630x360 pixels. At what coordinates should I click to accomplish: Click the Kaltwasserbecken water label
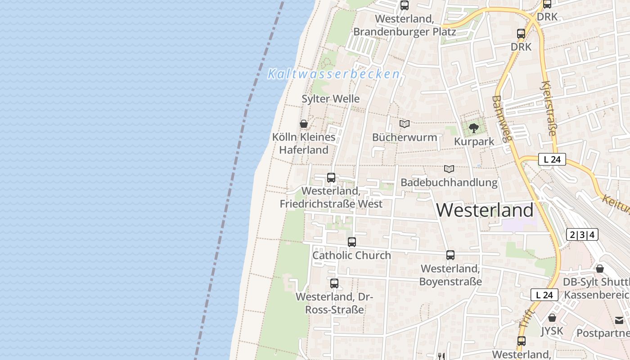(333, 74)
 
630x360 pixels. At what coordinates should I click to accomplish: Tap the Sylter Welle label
(331, 99)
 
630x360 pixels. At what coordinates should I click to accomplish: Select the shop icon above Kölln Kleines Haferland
(304, 124)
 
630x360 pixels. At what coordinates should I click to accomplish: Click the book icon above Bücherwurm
(405, 124)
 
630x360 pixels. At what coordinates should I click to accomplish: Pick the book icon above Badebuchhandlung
(449, 169)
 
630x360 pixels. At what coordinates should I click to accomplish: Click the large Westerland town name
(485, 210)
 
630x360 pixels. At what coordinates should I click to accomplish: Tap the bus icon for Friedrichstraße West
(331, 178)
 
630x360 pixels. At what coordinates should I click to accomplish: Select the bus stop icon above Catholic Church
(352, 242)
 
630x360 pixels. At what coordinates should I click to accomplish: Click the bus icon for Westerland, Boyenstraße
(450, 255)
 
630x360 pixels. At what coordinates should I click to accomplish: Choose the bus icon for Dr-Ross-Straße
(334, 283)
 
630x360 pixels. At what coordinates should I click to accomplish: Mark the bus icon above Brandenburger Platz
(405, 5)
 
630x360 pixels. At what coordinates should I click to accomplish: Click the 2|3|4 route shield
(582, 234)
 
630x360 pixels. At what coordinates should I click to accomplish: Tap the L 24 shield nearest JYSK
(544, 295)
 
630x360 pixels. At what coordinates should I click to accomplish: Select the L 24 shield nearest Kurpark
(552, 159)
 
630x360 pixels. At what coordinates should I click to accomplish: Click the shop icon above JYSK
(552, 318)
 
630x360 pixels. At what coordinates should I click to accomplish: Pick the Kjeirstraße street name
(549, 108)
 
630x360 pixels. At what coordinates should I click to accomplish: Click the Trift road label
(526, 318)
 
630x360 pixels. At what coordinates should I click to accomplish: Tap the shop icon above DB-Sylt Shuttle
(600, 269)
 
